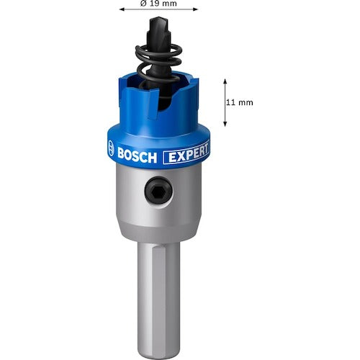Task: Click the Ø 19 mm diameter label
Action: click(159, 4)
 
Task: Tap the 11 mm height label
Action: click(239, 102)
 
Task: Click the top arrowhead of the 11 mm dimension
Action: click(225, 80)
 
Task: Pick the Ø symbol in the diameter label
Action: click(144, 4)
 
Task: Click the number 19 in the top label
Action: click(156, 4)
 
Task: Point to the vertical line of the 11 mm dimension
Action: click(225, 102)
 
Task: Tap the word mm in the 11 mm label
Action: click(245, 102)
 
